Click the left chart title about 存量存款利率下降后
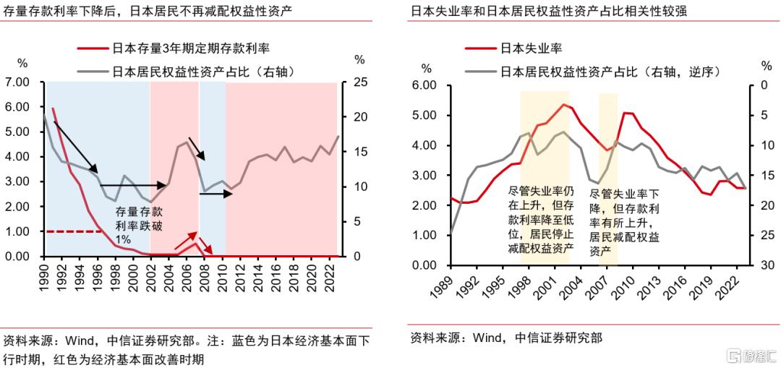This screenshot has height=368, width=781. pos(148,11)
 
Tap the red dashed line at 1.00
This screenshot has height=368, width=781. pos(72,231)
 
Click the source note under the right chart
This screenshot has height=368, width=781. pos(506,337)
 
